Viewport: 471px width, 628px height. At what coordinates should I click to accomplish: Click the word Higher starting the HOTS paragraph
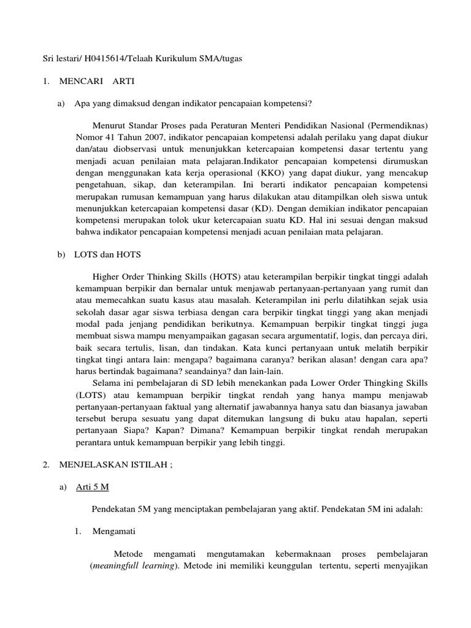(x=106, y=277)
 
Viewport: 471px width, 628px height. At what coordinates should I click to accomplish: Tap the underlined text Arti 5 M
(x=91, y=487)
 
